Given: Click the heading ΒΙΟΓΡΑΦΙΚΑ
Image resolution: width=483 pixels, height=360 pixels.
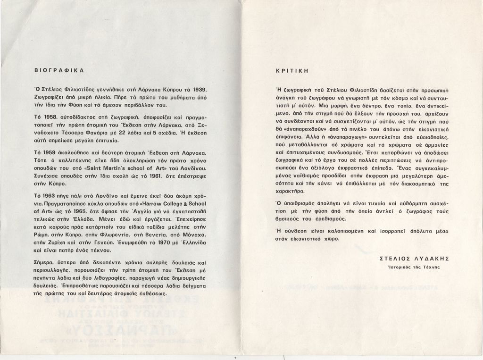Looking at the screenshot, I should coord(59,70).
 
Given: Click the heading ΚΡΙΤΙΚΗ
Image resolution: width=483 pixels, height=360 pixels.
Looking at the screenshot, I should coord(292,71).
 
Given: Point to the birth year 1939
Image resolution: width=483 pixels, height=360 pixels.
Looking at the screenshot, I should coord(199,89).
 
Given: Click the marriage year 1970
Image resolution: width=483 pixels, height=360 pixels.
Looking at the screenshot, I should coord(165,241).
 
